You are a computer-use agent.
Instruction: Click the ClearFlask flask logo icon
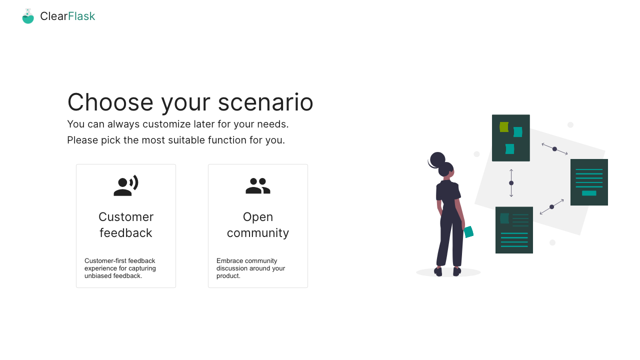(28, 16)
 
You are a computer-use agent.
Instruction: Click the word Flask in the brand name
(81, 16)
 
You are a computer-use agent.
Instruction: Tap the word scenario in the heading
(265, 102)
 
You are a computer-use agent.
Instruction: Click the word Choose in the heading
(110, 102)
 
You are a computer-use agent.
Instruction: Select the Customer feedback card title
(126, 225)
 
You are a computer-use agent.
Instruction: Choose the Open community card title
(258, 225)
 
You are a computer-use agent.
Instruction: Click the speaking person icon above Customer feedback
(126, 185)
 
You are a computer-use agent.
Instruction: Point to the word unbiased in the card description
(97, 275)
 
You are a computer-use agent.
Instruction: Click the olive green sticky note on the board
(504, 127)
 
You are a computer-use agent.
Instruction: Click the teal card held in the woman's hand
(468, 231)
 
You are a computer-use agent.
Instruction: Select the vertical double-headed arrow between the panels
(511, 183)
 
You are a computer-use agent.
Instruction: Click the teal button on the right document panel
(589, 193)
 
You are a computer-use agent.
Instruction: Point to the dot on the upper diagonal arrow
(554, 149)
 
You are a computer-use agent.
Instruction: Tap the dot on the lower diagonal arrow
(551, 207)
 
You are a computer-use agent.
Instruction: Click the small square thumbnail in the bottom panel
(504, 218)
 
